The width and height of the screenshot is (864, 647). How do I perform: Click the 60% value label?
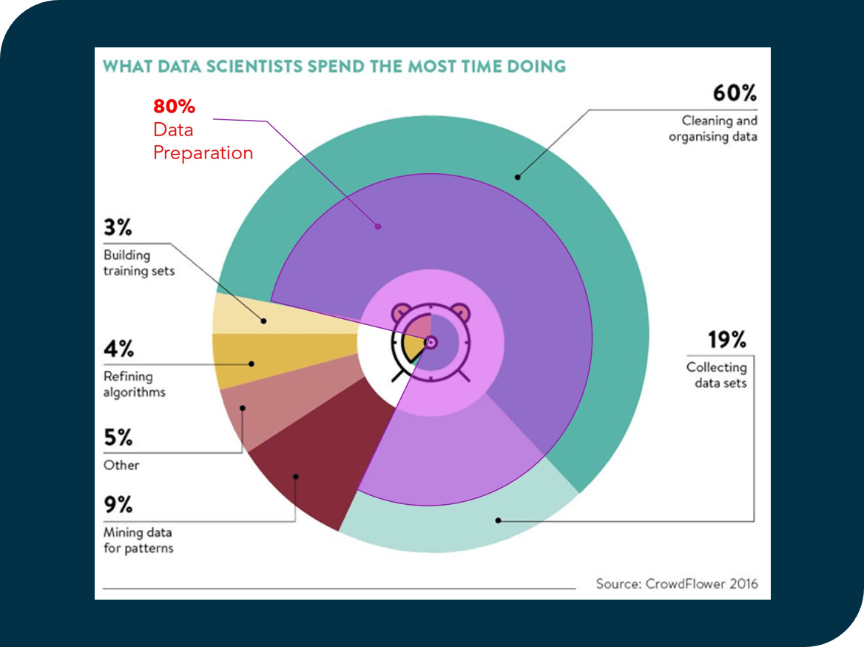click(x=735, y=94)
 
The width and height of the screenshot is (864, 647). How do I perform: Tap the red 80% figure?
click(x=174, y=107)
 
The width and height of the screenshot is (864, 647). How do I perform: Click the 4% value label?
click(x=118, y=349)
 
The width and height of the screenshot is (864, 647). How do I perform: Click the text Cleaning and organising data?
click(x=713, y=129)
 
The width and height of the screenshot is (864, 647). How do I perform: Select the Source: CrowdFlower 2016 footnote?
click(x=677, y=583)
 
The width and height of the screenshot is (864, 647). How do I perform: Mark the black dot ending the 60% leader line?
click(x=518, y=177)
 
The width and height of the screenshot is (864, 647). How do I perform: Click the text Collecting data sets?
click(x=716, y=375)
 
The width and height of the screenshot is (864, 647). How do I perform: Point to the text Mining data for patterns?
click(x=138, y=540)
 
